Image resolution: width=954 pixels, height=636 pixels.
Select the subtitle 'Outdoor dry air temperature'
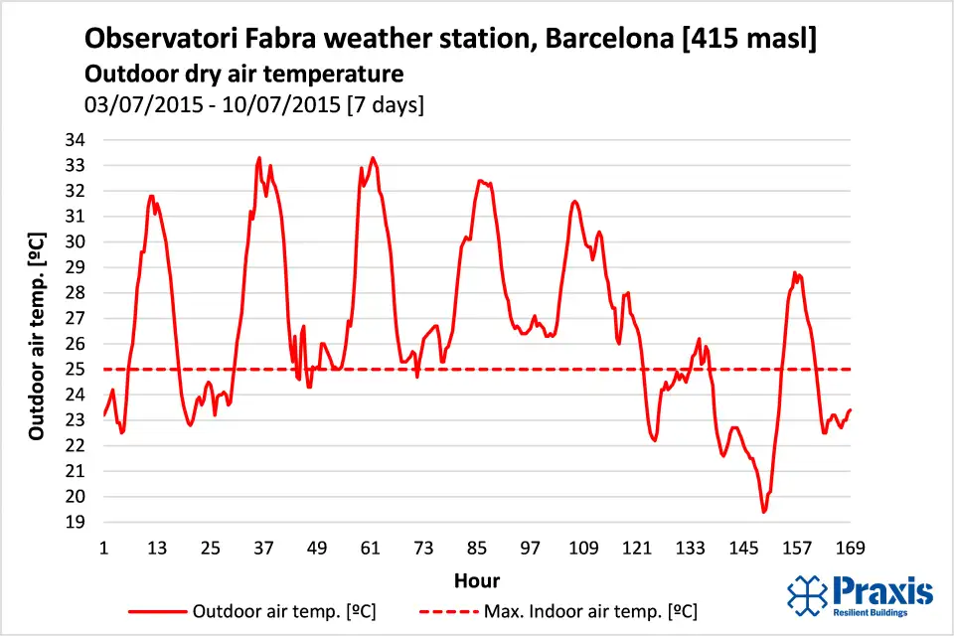click(243, 74)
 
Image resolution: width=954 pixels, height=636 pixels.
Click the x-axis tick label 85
click(477, 548)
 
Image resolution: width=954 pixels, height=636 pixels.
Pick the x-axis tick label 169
click(851, 548)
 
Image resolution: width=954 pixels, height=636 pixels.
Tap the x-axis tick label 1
click(103, 548)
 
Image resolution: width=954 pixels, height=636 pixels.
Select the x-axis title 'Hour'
click(476, 580)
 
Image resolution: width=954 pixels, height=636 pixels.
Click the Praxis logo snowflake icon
click(807, 594)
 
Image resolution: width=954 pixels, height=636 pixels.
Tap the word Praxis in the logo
click(883, 591)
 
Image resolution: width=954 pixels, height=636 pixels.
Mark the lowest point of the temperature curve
click(763, 512)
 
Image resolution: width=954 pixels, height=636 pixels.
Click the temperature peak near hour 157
click(795, 272)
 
